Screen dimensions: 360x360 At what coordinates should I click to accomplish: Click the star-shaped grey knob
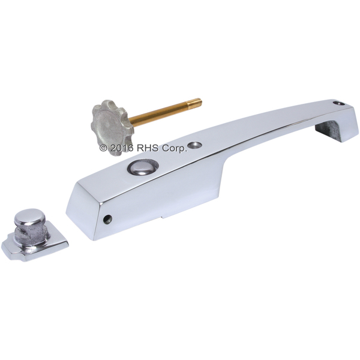pos(112,127)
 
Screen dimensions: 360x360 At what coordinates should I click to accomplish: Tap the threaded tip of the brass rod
pos(194,103)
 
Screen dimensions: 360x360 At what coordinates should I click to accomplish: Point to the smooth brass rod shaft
pos(158,114)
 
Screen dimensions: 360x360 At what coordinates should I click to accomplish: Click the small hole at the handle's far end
pos(339,103)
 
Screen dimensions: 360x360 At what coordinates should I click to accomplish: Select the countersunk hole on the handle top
pos(194,145)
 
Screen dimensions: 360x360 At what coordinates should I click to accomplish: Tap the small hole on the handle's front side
pos(107,219)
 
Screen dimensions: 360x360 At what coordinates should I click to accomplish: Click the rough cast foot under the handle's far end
pos(328,130)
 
